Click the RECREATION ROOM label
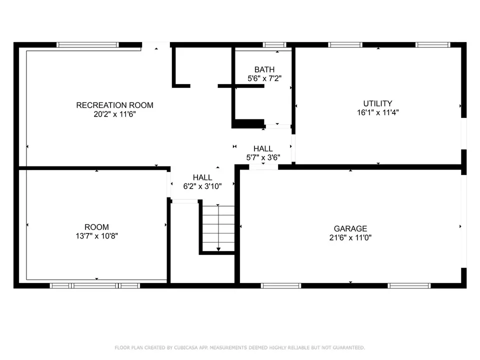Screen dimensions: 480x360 point(115,105)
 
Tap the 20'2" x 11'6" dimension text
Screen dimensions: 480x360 point(115,114)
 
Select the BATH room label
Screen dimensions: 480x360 point(264,69)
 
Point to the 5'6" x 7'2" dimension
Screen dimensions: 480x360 point(264,78)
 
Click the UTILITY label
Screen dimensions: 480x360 point(378,103)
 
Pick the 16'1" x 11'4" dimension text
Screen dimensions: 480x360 point(378,112)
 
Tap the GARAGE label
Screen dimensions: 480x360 point(350,228)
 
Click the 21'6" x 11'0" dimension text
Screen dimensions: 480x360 point(350,237)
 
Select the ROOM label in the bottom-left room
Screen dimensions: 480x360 point(96,227)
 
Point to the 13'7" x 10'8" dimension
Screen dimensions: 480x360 point(96,236)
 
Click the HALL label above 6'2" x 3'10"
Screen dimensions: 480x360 point(202,177)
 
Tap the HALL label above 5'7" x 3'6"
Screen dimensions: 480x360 point(263,149)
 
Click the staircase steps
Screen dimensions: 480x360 point(218,228)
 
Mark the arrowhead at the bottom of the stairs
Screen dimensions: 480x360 point(218,249)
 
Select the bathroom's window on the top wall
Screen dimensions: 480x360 point(274,45)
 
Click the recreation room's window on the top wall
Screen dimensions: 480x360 point(87,45)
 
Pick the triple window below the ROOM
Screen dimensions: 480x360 point(95,285)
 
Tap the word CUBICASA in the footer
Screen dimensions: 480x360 point(186,348)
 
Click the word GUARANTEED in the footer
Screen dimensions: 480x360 point(349,348)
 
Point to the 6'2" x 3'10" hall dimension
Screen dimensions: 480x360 point(202,186)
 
